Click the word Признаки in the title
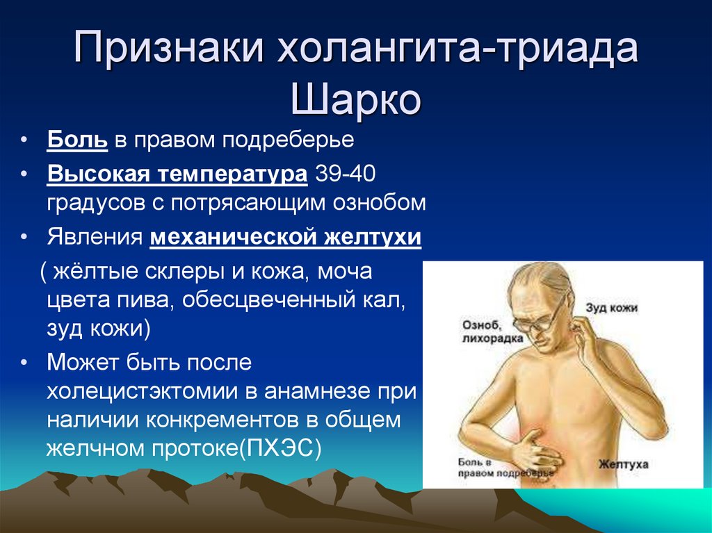coord(168,47)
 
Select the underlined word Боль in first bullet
coord(77,140)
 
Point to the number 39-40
coord(345,174)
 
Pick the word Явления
coord(95,237)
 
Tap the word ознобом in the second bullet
coord(380,203)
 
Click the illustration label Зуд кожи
coord(611,308)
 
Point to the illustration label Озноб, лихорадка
coord(492,331)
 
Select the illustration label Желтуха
coord(623,464)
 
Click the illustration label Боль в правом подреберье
coord(505,468)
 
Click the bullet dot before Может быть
coord(24,363)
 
